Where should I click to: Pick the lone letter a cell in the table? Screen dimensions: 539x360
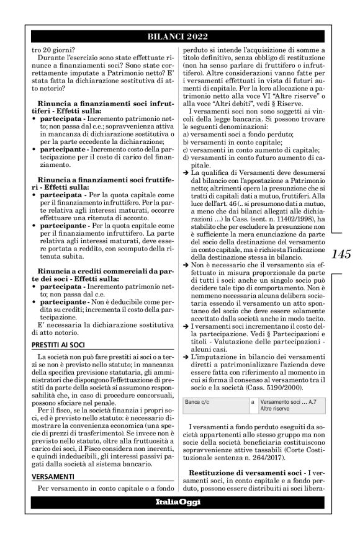click(x=253, y=403)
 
